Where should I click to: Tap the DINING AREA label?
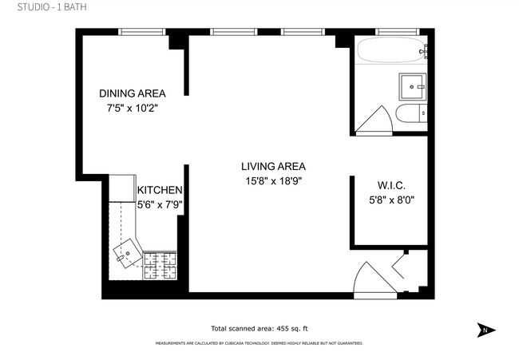[x=132, y=93]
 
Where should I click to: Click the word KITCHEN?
[x=160, y=191]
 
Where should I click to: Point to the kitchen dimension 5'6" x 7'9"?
[x=160, y=204]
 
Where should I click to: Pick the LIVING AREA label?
[x=273, y=167]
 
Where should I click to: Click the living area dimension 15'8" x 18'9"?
[x=273, y=181]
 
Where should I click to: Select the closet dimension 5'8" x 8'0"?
[x=392, y=200]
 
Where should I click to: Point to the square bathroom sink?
[x=414, y=84]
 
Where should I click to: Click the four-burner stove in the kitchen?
[x=159, y=265]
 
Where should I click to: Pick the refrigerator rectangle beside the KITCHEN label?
[x=122, y=188]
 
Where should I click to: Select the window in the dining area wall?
[x=141, y=32]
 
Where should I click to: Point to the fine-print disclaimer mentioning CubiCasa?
[x=259, y=343]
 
